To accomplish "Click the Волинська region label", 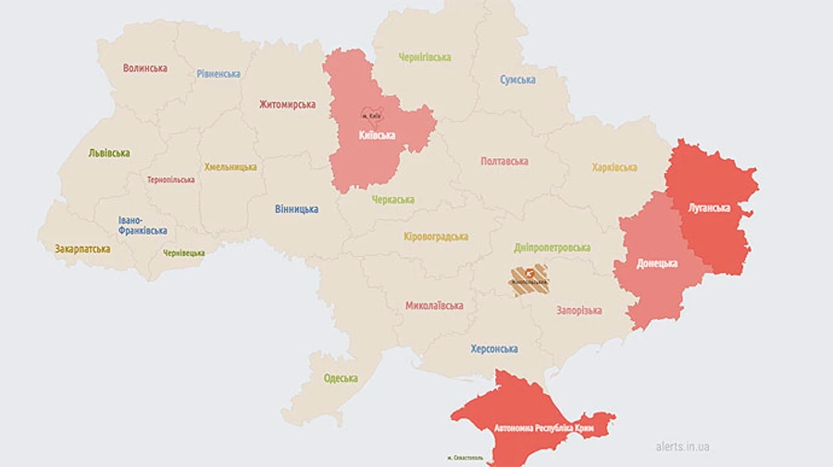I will [x=145, y=68].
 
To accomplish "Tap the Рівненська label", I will [x=218, y=74].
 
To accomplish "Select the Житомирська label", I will [x=287, y=104].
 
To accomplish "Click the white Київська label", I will [x=377, y=135].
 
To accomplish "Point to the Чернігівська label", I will [x=425, y=57].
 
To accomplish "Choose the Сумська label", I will [x=517, y=80].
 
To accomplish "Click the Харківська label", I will [x=615, y=167].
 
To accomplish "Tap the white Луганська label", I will [x=709, y=208].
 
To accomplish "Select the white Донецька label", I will [x=657, y=264].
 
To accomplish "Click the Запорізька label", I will [x=579, y=311].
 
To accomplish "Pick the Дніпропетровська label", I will [x=553, y=248].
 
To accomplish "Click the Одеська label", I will [x=341, y=378].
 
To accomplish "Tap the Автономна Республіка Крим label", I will [x=534, y=429].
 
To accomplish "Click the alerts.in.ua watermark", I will [x=683, y=447].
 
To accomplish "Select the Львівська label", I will [x=109, y=153].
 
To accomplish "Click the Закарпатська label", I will [x=82, y=249].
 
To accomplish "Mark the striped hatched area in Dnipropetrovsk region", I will [x=528, y=280].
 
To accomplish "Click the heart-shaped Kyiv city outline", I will [x=371, y=115].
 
